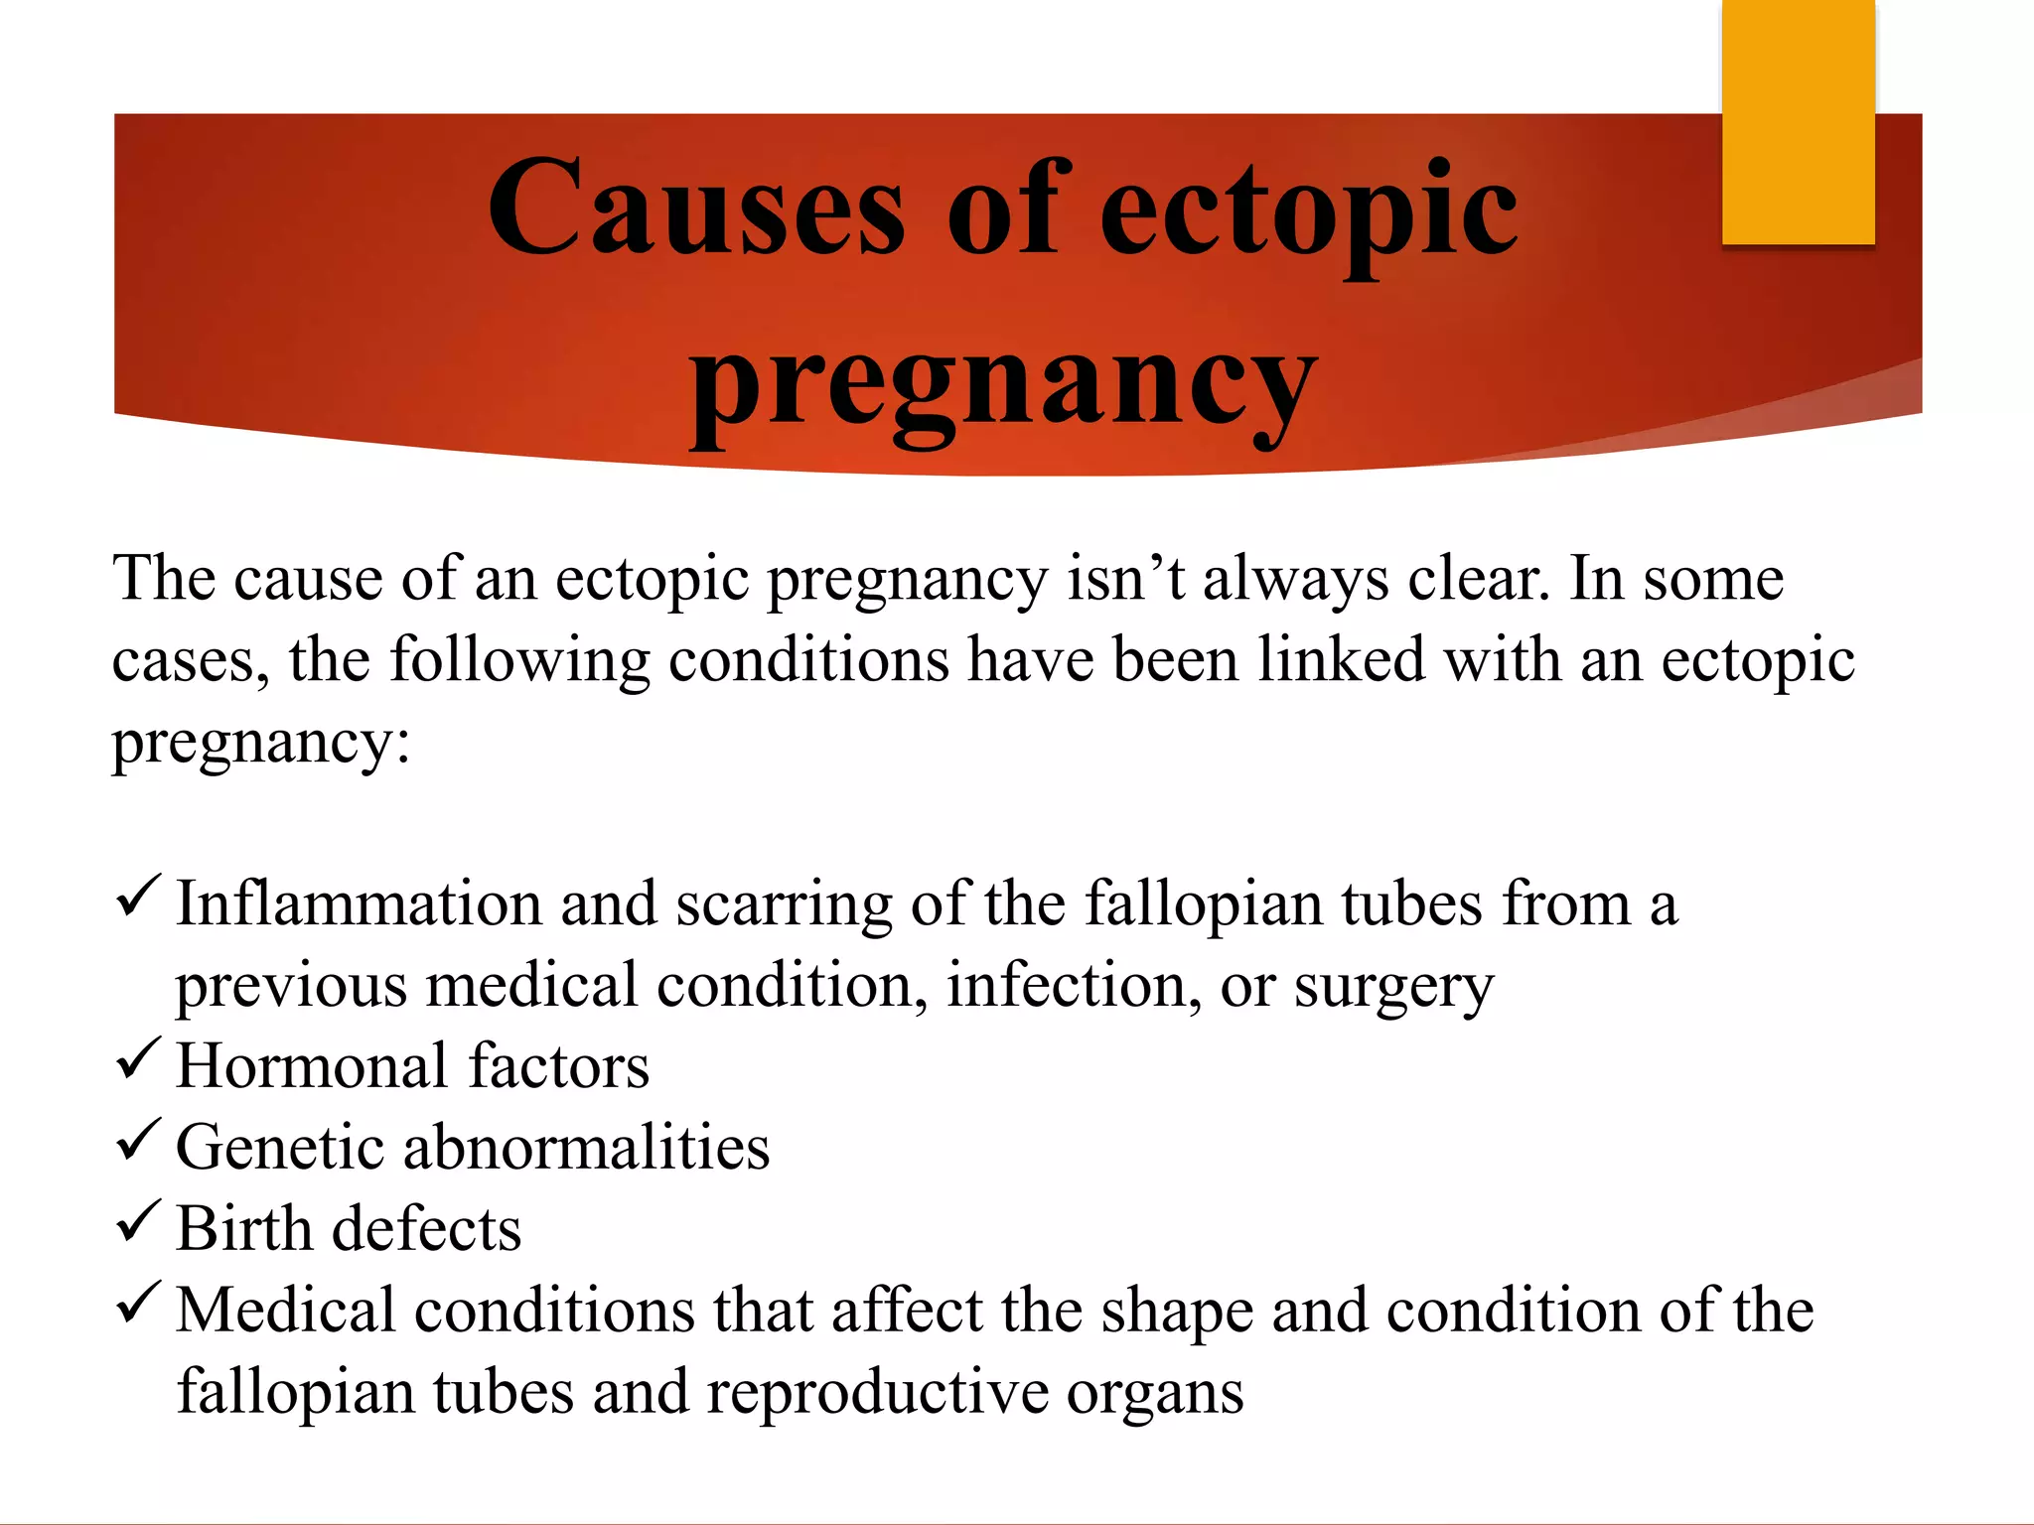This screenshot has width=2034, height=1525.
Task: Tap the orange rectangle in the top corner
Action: (x=1798, y=121)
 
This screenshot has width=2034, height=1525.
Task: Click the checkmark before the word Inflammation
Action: (x=138, y=896)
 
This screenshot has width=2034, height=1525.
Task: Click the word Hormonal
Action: (x=312, y=1066)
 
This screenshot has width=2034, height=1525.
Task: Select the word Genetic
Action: (x=280, y=1148)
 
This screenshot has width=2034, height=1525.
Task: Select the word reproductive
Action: (x=877, y=1392)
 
